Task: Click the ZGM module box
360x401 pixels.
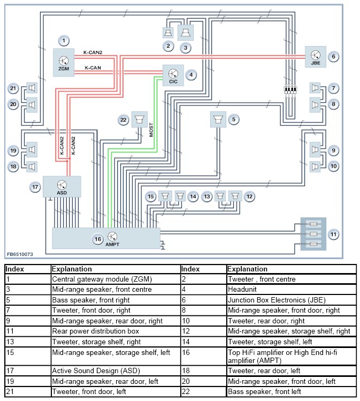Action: [x=64, y=63]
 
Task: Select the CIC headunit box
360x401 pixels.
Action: [x=173, y=75]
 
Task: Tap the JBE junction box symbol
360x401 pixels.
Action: [x=316, y=57]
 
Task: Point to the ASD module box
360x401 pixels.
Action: [x=62, y=187]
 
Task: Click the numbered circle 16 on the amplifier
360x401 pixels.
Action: [x=98, y=239]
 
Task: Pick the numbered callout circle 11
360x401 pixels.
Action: [x=333, y=234]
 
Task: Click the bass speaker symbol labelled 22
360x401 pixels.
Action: [x=139, y=119]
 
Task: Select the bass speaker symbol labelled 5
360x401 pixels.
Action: [x=218, y=119]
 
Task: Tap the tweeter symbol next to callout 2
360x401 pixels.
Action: [x=168, y=33]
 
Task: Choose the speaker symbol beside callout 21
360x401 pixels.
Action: [x=32, y=88]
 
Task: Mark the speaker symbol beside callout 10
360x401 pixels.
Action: [x=315, y=167]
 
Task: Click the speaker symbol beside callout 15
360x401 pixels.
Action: [x=165, y=196]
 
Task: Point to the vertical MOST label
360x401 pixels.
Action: [x=151, y=130]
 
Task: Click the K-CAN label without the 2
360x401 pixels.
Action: [x=93, y=68]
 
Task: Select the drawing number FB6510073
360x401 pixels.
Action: [x=20, y=254]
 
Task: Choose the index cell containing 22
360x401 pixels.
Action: [x=204, y=391]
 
